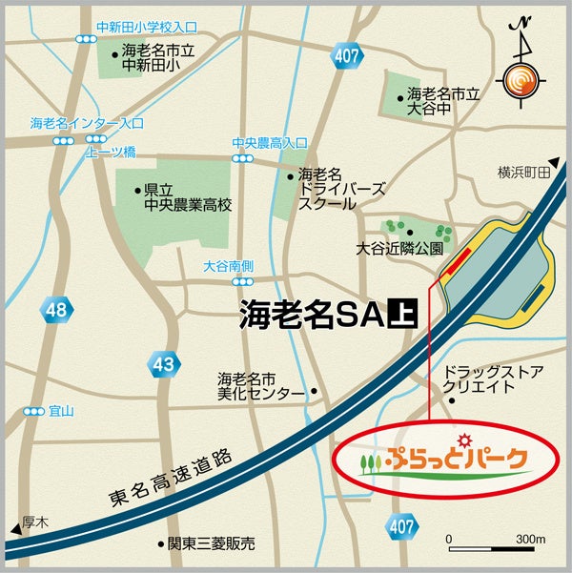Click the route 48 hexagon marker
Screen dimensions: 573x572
pyautogui.click(x=55, y=310)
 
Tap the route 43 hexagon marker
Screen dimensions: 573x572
pyautogui.click(x=164, y=364)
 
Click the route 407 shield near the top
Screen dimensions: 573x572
pyautogui.click(x=348, y=56)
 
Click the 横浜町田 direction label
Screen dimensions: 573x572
pyautogui.click(x=523, y=173)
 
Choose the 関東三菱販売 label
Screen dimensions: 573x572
pyautogui.click(x=212, y=544)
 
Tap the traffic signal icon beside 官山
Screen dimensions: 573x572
pyautogui.click(x=35, y=412)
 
